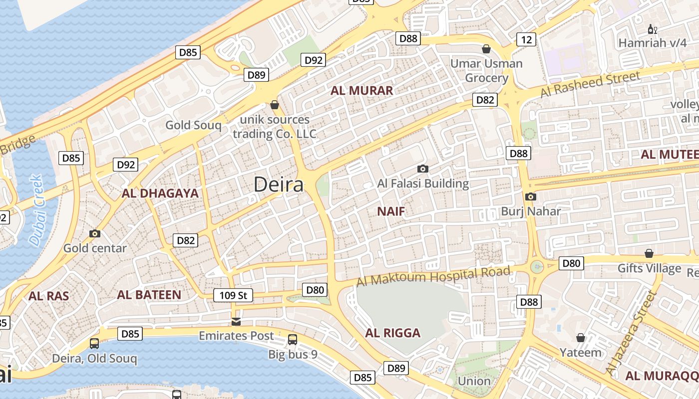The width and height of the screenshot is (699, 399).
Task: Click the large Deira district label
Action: [278, 185]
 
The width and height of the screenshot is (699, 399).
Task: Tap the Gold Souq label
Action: [193, 125]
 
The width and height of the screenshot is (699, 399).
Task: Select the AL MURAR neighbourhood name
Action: [361, 90]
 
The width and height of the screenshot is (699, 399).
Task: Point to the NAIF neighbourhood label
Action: [391, 211]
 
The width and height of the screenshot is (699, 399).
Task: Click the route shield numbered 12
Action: [526, 39]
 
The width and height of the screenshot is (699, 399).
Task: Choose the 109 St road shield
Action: [233, 295]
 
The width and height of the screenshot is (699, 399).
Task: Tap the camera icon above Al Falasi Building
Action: [423, 169]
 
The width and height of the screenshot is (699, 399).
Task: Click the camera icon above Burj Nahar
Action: [531, 197]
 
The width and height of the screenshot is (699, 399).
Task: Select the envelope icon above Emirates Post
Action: [236, 321]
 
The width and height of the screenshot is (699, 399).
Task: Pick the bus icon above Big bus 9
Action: [293, 340]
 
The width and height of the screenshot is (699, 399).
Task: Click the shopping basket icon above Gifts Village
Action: [649, 253]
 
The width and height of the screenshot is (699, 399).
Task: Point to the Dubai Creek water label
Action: [35, 210]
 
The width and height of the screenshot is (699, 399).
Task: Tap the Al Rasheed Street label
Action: [590, 84]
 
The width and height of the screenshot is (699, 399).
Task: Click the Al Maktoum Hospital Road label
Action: [433, 276]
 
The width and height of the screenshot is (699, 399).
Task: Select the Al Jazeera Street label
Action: [630, 333]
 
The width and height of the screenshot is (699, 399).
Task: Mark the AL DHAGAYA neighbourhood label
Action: [160, 194]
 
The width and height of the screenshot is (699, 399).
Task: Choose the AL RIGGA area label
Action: [393, 333]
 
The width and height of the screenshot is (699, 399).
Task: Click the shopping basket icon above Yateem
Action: [581, 338]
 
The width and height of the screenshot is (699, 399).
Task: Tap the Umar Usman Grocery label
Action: [486, 71]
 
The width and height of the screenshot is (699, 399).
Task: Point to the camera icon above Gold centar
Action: [94, 233]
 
